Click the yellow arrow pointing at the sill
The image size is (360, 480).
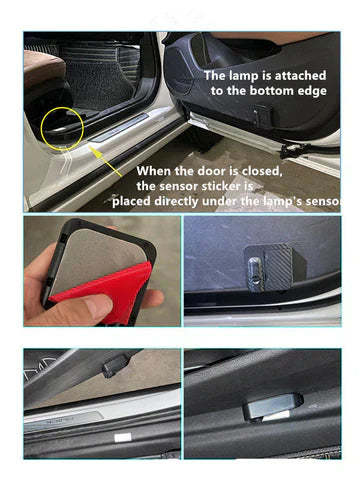(x=106, y=162)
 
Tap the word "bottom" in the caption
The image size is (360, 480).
(x=272, y=91)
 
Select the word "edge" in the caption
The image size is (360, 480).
(x=312, y=91)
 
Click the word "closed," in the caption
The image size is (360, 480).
(x=262, y=171)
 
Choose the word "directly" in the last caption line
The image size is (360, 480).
(x=176, y=202)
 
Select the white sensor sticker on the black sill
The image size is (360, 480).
(x=122, y=437)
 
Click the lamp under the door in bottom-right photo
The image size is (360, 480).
(x=273, y=406)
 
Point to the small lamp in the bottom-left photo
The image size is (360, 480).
(x=116, y=366)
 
